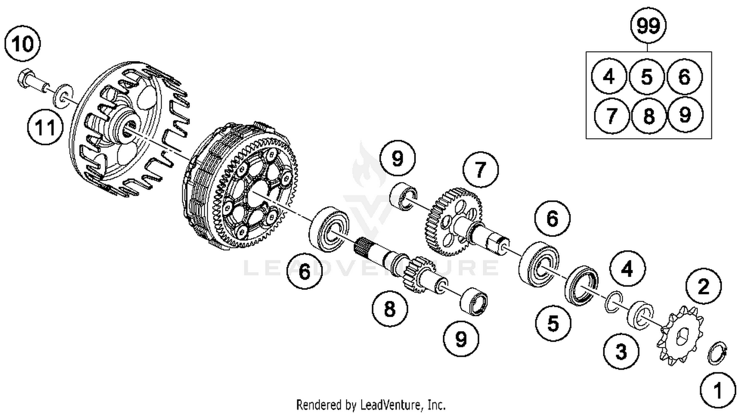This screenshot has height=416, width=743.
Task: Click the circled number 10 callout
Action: pos(22,44)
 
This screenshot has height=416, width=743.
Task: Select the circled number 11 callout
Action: pos(45,128)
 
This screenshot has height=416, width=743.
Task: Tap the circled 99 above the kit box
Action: pos(648,25)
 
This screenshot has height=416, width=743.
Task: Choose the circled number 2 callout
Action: pos(703,286)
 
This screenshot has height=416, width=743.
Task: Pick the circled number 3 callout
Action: pos(621,352)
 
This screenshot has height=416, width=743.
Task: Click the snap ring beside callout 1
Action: pos(717,353)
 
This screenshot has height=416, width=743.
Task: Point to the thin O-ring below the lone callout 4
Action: pos(613,302)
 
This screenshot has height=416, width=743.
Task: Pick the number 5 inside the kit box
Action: pos(646,77)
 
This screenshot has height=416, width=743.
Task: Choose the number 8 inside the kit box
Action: pos(648,116)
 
